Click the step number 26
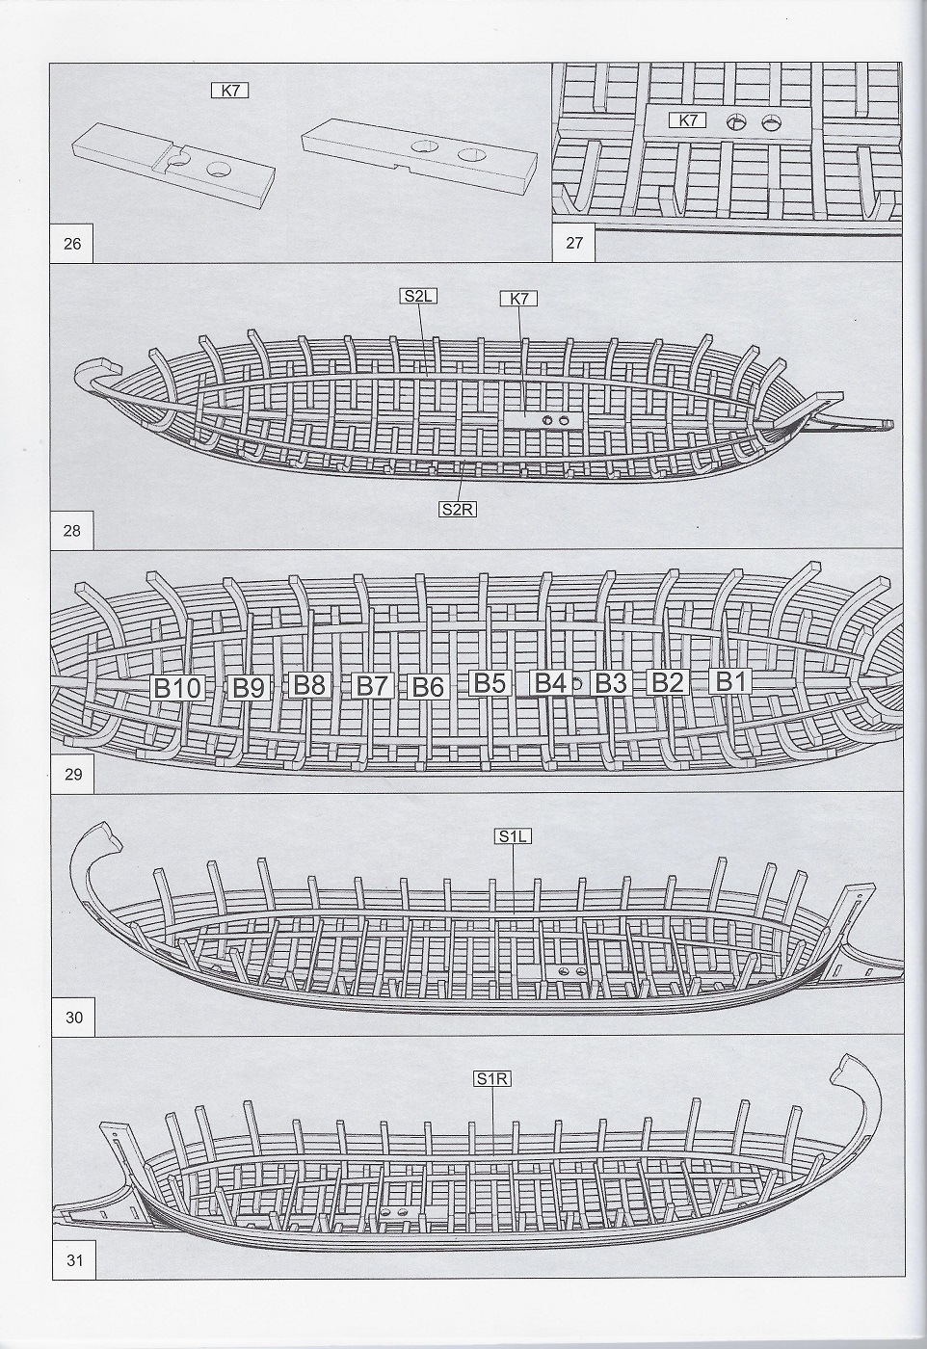click(72, 244)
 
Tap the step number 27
click(574, 243)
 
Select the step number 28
click(72, 530)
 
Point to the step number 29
click(72, 774)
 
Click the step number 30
click(72, 1017)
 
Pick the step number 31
click(72, 1261)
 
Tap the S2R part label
click(457, 510)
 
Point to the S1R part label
click(490, 1079)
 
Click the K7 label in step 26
click(230, 91)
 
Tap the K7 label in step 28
click(518, 299)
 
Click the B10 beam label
click(178, 687)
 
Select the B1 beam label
click(728, 681)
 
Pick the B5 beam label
click(489, 683)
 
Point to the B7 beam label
click(372, 686)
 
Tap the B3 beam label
click(609, 683)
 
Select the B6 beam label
click(428, 687)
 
